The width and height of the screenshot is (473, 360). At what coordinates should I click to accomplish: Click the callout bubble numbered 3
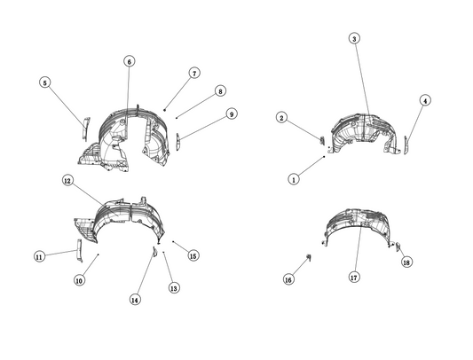(354, 39)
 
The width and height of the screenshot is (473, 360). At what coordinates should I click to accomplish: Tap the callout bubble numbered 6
(129, 61)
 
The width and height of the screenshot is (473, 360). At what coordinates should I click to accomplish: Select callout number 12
(67, 181)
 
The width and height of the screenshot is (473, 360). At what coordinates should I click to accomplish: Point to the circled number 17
(354, 277)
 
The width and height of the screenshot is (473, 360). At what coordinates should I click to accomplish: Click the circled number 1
(294, 179)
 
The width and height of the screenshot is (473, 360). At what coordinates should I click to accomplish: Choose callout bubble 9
(232, 114)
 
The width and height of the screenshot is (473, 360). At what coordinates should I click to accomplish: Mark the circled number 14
(135, 300)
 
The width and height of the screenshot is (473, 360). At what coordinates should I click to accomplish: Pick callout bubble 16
(288, 279)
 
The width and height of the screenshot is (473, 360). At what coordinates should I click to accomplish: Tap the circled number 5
(44, 82)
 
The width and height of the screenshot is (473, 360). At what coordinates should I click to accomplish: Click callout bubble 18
(406, 262)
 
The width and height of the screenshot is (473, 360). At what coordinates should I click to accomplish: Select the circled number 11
(39, 257)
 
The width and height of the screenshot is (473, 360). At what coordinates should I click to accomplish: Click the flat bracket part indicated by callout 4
(406, 145)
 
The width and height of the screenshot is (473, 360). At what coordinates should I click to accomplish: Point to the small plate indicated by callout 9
(178, 141)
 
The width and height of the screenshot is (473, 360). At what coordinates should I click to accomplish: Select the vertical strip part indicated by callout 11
(80, 250)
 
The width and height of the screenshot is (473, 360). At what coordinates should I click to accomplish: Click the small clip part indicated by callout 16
(309, 257)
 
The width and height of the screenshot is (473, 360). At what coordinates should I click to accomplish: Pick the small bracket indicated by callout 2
(322, 140)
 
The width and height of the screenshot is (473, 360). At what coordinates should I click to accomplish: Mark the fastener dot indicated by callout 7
(165, 110)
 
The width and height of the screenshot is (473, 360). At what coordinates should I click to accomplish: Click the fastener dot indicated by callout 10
(99, 254)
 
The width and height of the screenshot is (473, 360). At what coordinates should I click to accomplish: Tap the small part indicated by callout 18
(398, 247)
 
